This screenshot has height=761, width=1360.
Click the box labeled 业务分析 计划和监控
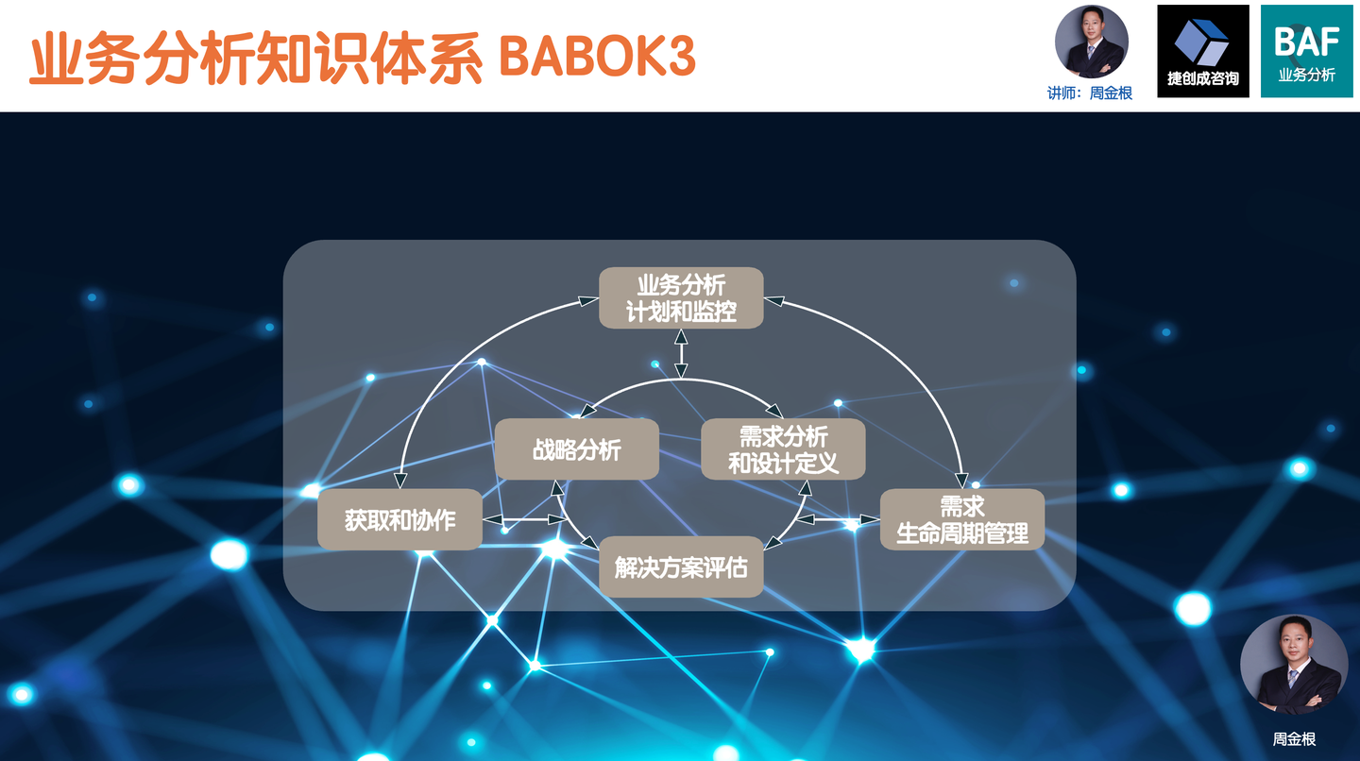(681, 298)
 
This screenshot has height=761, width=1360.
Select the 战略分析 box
(577, 449)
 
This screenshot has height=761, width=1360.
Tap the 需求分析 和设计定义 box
(783, 449)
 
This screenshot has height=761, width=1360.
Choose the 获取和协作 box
(400, 519)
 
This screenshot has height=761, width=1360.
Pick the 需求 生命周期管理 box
(962, 519)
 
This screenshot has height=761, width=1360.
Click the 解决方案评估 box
(681, 567)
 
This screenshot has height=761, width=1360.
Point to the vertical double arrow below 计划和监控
(681, 353)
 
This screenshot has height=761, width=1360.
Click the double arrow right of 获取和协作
(525, 519)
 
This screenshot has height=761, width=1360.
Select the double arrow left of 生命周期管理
(837, 519)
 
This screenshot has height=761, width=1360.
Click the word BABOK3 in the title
(597, 57)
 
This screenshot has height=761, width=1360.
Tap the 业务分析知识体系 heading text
(256, 58)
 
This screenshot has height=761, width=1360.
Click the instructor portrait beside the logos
(1092, 42)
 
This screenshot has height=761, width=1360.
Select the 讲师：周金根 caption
(1090, 93)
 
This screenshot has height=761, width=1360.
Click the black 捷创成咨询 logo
(1203, 51)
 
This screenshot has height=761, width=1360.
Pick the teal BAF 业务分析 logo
(1306, 51)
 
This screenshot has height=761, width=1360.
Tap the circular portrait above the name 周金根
(1294, 665)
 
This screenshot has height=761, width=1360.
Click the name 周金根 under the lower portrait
(1294, 738)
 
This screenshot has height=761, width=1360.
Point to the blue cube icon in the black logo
(1201, 42)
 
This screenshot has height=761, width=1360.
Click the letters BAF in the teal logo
(1306, 42)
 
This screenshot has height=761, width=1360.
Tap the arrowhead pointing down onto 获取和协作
(400, 481)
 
